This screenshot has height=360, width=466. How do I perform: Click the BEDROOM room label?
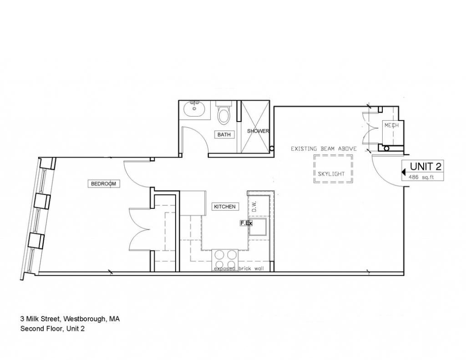(x=103, y=184)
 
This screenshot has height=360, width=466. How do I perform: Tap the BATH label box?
(x=224, y=135)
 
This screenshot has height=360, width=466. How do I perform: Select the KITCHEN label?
(x=225, y=207)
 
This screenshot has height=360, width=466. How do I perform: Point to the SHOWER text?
(x=258, y=131)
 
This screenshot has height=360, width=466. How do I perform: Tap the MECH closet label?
(x=391, y=126)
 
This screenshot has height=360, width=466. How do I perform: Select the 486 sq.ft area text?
(x=421, y=177)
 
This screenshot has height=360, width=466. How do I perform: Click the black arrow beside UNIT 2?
(x=404, y=172)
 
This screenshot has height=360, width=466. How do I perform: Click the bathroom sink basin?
(x=194, y=109)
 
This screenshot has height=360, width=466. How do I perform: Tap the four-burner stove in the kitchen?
(x=224, y=260)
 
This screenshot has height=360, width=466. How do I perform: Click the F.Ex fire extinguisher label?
(x=246, y=223)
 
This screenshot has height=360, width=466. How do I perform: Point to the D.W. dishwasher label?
(x=254, y=206)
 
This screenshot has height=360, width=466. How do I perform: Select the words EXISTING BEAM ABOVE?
(x=324, y=149)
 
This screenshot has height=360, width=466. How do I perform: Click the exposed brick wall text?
(x=239, y=269)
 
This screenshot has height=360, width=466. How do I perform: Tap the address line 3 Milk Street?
(x=70, y=319)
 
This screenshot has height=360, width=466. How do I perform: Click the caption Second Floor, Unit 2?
(x=52, y=329)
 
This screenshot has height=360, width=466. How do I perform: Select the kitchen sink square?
(x=258, y=227)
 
